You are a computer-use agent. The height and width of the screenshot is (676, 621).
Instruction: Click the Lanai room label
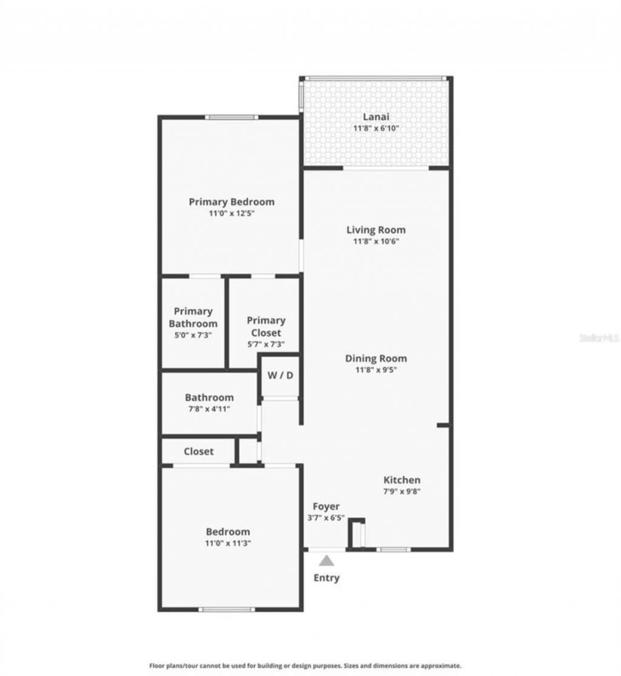(x=375, y=117)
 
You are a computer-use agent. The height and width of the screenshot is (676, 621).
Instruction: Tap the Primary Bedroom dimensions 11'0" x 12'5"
(x=232, y=213)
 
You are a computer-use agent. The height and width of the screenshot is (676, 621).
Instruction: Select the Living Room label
(x=376, y=230)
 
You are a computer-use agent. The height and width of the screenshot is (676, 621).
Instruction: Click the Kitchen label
(x=401, y=480)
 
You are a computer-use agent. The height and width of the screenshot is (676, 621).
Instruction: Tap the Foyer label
(x=326, y=506)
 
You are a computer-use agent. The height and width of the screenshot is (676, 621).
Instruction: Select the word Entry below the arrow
(x=326, y=578)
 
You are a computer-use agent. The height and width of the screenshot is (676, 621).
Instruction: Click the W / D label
(x=280, y=375)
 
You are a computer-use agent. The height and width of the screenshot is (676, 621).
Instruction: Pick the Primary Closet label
(x=266, y=326)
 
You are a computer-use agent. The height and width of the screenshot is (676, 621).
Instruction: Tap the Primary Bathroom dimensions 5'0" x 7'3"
(x=193, y=335)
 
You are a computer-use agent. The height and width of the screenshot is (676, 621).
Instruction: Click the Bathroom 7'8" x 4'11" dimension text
(x=209, y=409)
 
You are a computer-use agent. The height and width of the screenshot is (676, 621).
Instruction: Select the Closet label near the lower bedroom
(x=198, y=451)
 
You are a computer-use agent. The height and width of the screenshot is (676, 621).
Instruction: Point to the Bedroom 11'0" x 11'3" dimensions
(x=227, y=543)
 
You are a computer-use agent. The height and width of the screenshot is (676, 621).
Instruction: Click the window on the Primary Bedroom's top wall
(x=231, y=117)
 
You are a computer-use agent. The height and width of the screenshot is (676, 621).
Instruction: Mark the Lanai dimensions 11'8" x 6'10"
(x=375, y=129)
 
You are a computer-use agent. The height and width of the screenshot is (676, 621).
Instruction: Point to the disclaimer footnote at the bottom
(x=306, y=665)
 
